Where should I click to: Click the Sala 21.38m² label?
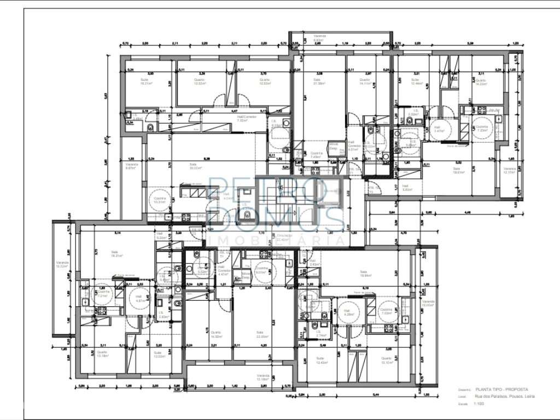[319, 81]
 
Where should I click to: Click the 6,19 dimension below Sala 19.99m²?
[366, 287]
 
